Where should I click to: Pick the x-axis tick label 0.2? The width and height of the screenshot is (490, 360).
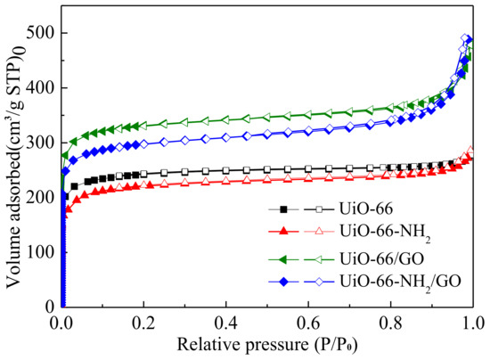tap(143, 321)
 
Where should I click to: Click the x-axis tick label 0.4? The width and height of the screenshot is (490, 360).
tap(225, 321)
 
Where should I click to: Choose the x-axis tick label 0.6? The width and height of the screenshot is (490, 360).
tap(308, 321)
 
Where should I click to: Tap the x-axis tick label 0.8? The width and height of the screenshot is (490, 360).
tap(390, 321)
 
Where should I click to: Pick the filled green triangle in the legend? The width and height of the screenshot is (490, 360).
tap(283, 257)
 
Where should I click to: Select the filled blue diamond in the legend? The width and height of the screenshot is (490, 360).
tap(283, 281)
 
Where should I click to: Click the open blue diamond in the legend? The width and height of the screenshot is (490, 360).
tap(324, 281)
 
